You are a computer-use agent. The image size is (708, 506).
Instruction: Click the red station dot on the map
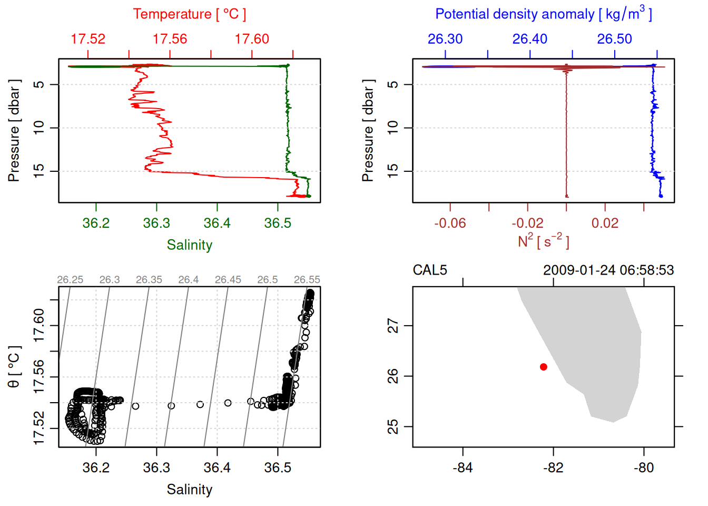[x=543, y=367]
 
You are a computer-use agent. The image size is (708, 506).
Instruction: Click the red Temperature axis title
[x=189, y=14]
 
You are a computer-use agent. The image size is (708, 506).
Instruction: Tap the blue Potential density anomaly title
[x=543, y=14]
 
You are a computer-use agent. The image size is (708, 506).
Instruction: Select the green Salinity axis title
[x=189, y=245]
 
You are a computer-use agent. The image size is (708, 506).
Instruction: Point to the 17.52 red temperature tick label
[x=88, y=39]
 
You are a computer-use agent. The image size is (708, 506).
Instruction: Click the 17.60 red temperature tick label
[x=252, y=39]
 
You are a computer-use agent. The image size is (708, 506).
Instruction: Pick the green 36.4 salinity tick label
[x=217, y=223]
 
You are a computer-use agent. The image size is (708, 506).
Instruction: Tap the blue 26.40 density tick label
[x=530, y=39]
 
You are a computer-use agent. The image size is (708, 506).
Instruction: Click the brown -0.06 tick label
[x=450, y=223]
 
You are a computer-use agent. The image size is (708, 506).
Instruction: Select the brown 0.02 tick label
[x=605, y=223]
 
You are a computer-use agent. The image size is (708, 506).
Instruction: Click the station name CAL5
[x=430, y=270]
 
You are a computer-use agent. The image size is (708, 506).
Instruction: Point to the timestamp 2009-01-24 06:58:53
[x=608, y=270]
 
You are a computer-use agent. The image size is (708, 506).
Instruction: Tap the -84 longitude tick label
[x=463, y=468]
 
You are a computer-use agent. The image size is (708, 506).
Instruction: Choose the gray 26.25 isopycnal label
[x=70, y=280]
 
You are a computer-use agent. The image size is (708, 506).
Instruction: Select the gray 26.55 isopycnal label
[x=307, y=280]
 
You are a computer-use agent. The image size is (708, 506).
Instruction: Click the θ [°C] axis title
[x=14, y=367]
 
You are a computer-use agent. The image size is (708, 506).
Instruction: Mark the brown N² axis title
[x=543, y=241]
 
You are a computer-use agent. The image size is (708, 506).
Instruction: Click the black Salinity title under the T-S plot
[x=189, y=490]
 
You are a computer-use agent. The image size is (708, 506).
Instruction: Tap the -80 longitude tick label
[x=644, y=468]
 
